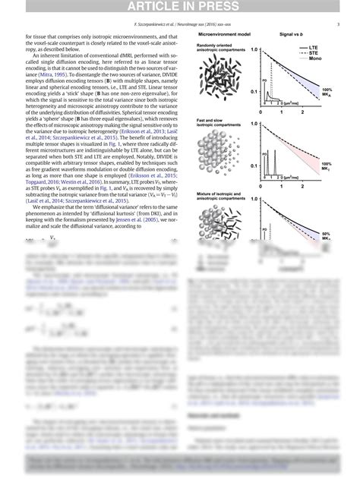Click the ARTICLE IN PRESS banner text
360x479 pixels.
coord(180,8)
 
